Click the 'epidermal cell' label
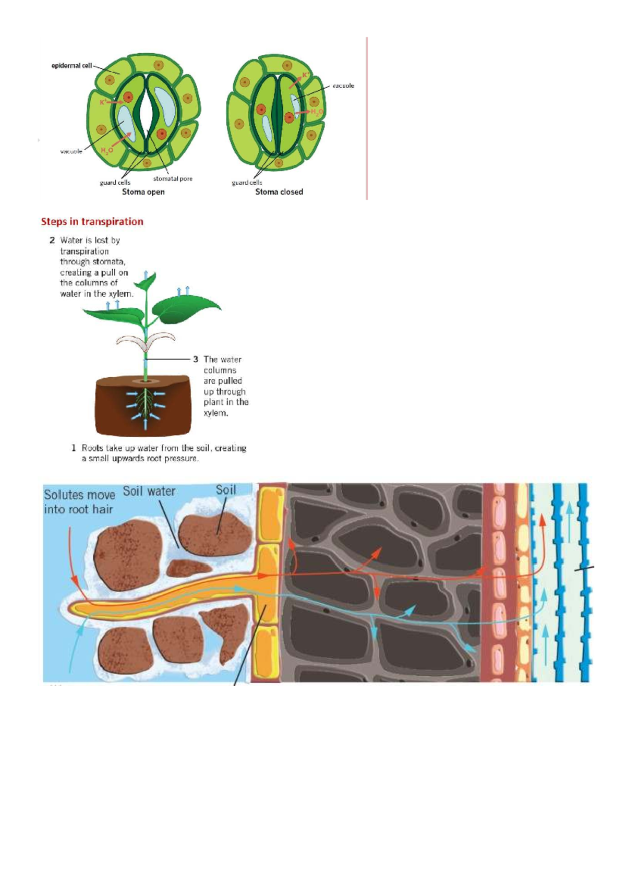pos(71,66)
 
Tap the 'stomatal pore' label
pos(173,178)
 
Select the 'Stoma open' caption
pos(143,192)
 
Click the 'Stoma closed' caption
pos(279,192)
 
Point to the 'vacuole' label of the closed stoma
pos(343,86)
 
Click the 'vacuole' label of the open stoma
pos(71,151)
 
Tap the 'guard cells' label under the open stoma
pos(115,183)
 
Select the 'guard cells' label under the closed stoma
pos(247,183)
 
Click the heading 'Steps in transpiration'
pos(92,221)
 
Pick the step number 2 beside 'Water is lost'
pos(52,241)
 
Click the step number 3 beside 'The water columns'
pos(196,360)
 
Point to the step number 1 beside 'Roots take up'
pos(74,448)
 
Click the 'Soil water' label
pos(149,492)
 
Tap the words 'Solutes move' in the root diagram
pos(79,495)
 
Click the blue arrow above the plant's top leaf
pos(146,274)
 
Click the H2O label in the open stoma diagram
pos(107,150)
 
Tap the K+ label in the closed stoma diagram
pos(305,75)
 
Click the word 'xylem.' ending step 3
pos(215,413)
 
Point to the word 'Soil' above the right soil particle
pos(226,490)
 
